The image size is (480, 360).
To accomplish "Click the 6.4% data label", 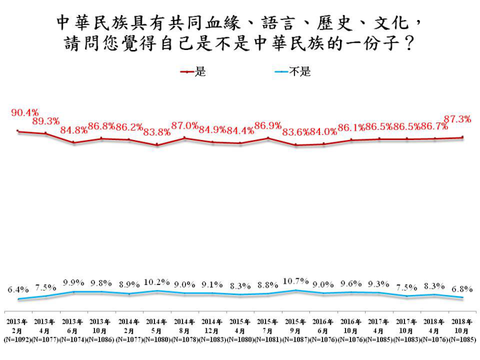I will pos(18,289).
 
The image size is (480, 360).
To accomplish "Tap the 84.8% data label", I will pos(74,131).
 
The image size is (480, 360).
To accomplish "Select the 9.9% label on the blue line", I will pos(73,281).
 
